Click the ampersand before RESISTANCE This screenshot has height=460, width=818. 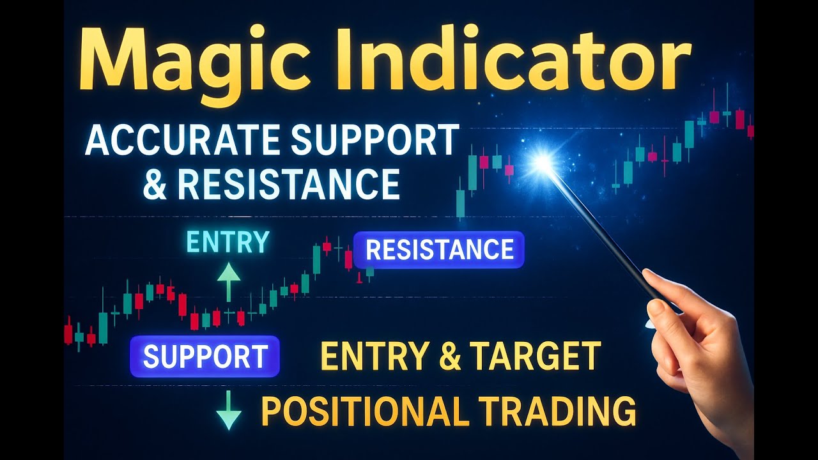point(155,183)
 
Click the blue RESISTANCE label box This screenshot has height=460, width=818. point(439,250)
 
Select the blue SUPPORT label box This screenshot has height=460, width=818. point(204,356)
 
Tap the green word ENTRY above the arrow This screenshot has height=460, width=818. point(228,243)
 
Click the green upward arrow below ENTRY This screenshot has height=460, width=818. point(228,281)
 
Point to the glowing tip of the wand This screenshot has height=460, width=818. point(543,162)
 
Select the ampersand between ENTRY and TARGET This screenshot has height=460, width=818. point(450,356)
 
